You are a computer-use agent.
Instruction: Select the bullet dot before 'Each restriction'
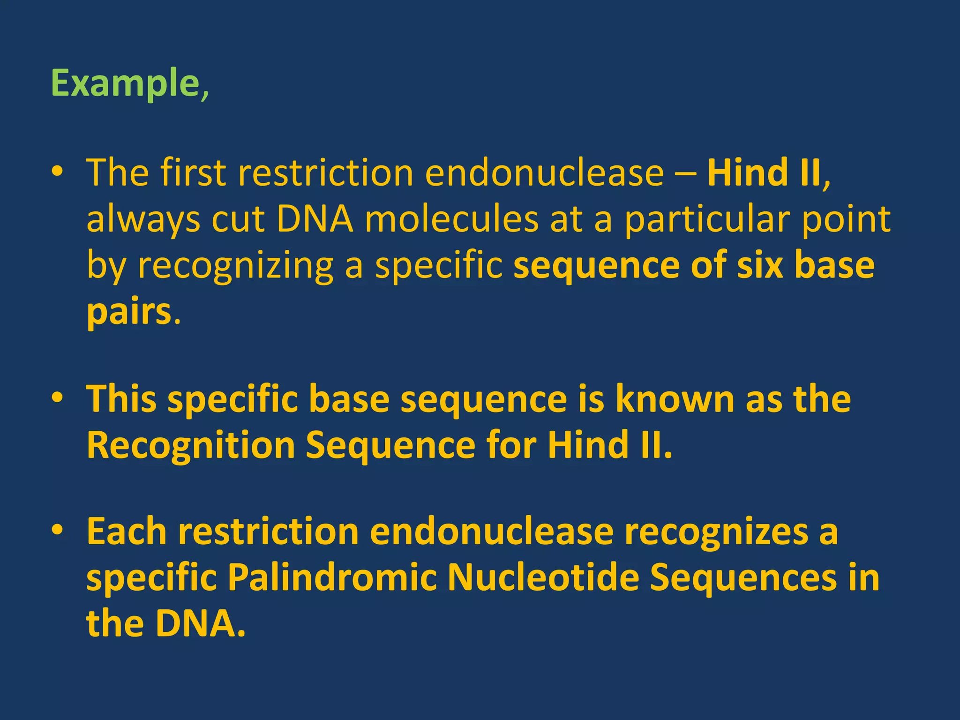coord(57,532)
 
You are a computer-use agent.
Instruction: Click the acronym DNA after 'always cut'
coord(315,219)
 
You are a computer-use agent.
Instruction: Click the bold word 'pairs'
coord(129,312)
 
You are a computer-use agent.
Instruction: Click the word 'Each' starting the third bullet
coord(127,532)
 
